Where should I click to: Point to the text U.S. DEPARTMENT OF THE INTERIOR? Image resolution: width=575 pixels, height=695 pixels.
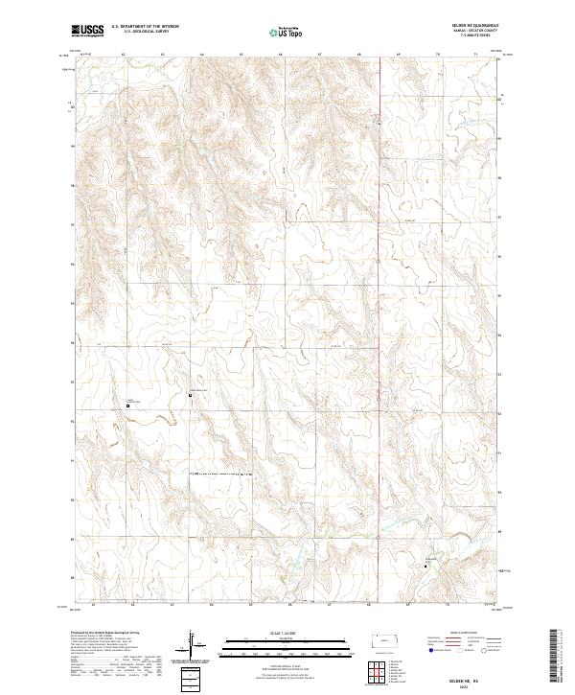coord(145,27)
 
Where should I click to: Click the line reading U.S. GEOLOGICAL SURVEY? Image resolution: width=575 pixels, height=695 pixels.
coord(145,32)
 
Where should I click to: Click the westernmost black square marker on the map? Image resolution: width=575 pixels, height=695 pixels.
coord(128,406)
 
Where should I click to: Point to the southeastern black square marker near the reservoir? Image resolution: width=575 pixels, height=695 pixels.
coord(426,566)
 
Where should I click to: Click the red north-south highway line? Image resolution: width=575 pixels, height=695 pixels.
coord(385,288)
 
